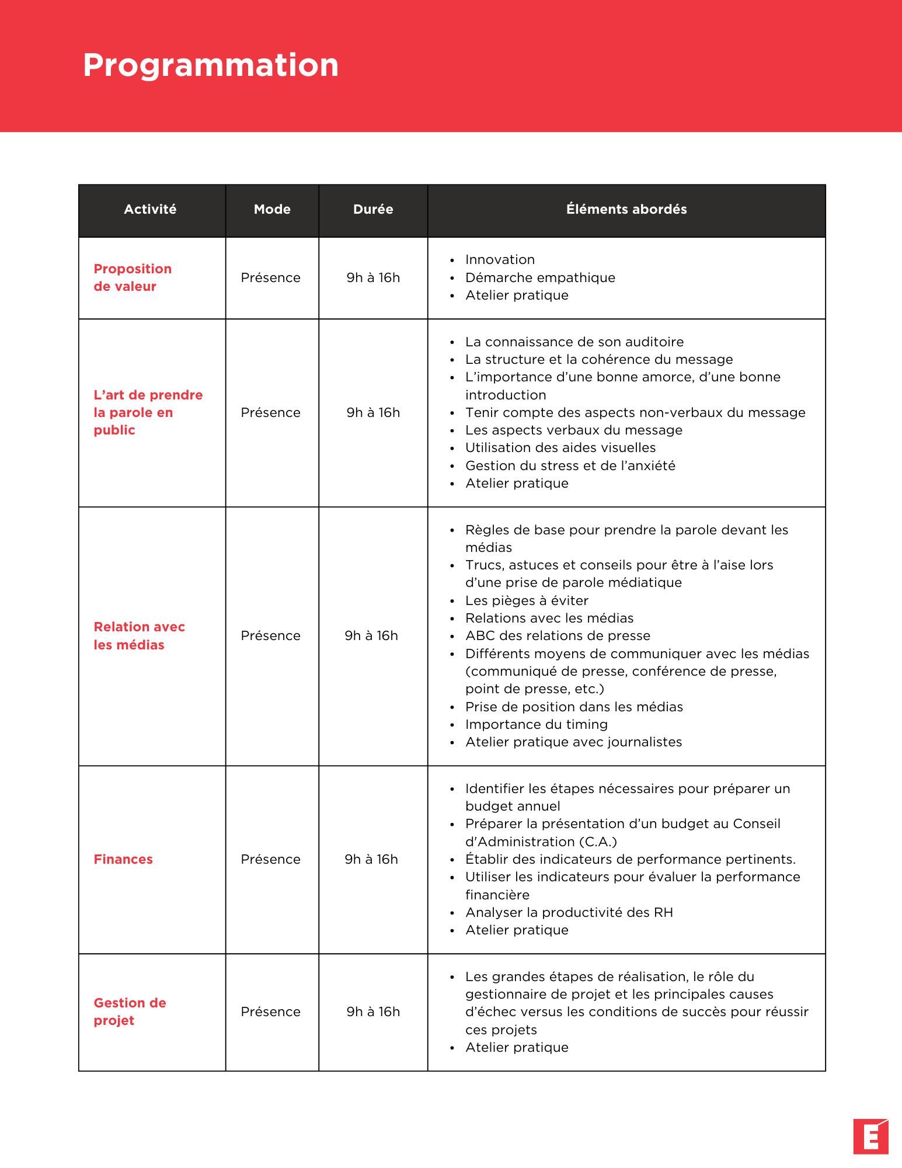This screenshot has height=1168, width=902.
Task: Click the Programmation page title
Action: click(x=211, y=65)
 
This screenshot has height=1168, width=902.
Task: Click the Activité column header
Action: click(x=150, y=210)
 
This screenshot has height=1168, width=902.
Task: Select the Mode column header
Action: click(x=272, y=210)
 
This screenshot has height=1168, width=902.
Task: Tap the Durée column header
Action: click(x=373, y=210)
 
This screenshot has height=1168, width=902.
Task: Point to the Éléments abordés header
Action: click(x=626, y=210)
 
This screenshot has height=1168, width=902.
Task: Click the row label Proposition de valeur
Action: click(x=133, y=277)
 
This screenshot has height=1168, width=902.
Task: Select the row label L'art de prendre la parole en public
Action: click(x=148, y=412)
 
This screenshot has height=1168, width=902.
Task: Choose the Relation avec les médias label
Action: click(x=139, y=635)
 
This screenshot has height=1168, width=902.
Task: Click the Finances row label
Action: click(x=123, y=859)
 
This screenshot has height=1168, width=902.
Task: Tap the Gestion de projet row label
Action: click(x=130, y=1011)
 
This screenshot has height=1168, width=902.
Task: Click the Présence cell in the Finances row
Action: click(x=270, y=859)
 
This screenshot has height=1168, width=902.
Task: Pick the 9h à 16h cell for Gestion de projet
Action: click(x=373, y=1011)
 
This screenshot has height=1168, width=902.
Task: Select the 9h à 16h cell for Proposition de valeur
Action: click(x=373, y=277)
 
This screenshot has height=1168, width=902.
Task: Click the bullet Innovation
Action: click(x=500, y=260)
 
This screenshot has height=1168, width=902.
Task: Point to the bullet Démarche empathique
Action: click(x=540, y=277)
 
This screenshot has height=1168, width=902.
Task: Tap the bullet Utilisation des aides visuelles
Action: click(x=560, y=448)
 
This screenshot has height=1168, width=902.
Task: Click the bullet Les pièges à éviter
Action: click(x=527, y=600)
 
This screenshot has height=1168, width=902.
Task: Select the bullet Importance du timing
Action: click(x=537, y=724)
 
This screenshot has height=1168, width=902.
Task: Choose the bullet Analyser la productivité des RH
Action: click(x=569, y=912)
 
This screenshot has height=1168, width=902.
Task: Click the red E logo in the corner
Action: click(x=870, y=1136)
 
